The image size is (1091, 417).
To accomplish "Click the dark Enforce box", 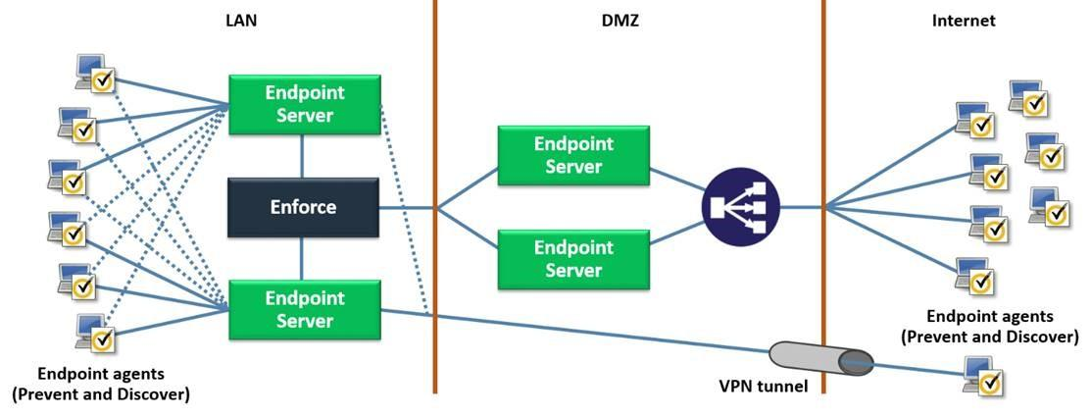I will [302, 207].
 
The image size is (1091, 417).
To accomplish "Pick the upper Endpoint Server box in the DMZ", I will [572, 155].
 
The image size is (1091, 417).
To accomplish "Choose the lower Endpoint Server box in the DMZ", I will [572, 258].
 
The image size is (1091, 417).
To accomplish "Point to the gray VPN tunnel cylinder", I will [821, 361].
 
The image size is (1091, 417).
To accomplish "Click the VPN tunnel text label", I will [762, 386].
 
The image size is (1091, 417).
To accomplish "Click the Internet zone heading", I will [963, 19].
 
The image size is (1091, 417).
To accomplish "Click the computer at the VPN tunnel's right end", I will [982, 376].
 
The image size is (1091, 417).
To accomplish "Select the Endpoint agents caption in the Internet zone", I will [989, 326].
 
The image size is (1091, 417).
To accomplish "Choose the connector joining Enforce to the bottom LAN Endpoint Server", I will [302, 258].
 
